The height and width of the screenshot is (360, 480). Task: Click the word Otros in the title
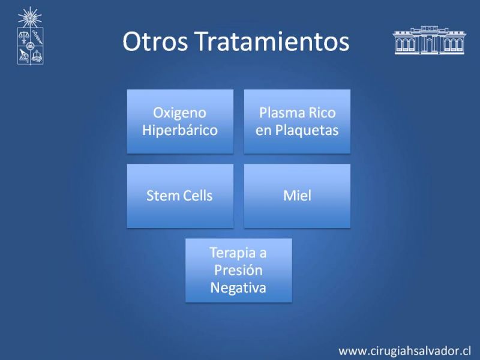point(155,41)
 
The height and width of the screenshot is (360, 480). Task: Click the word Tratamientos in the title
point(272,41)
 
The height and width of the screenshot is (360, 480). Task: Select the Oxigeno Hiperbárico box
point(180,121)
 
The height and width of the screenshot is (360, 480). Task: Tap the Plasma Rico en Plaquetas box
point(297,121)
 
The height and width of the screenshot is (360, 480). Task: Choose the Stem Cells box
point(180,196)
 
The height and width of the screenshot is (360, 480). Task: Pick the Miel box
point(297,196)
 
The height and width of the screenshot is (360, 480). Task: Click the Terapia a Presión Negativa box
point(238,271)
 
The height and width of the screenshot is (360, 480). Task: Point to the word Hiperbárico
point(180,130)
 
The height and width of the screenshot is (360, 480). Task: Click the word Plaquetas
point(307,130)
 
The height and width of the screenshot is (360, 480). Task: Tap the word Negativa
point(238,288)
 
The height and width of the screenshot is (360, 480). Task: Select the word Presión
point(238,271)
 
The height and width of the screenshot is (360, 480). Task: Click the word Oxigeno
point(179,113)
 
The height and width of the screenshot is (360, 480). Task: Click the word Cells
point(196,196)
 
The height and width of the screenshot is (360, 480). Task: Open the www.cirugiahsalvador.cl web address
point(404,351)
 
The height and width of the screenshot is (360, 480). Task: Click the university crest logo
point(30,36)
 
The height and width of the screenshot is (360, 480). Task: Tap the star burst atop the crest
point(29,17)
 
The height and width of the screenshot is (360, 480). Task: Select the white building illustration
point(429,40)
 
